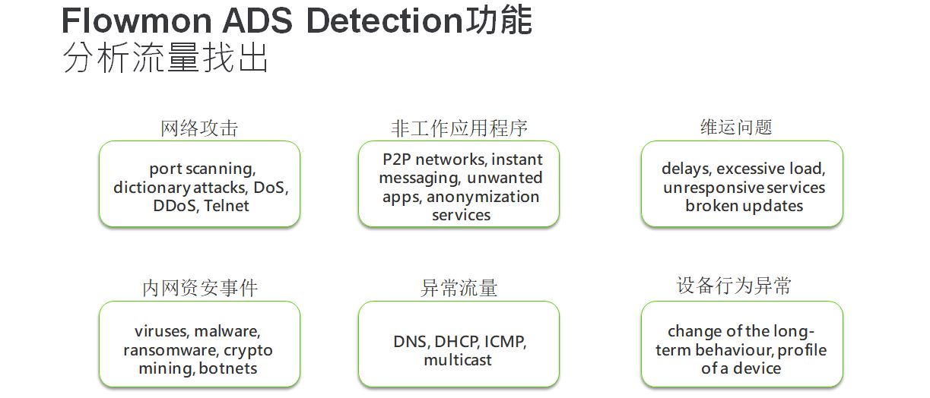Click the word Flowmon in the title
tap(137, 21)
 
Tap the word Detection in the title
tap(385, 21)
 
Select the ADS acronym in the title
tap(258, 21)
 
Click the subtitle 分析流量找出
tap(165, 58)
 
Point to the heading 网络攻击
tap(199, 128)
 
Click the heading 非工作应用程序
tap(459, 128)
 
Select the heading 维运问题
tap(736, 127)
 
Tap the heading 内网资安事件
tap(200, 288)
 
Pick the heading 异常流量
tap(459, 288)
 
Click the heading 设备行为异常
tap(734, 286)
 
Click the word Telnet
tap(227, 206)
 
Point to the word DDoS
tap(175, 206)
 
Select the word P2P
tap(396, 160)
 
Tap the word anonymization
tap(483, 197)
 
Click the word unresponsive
tap(713, 188)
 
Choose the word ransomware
tap(170, 350)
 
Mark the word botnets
tap(228, 368)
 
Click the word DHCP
tap(457, 342)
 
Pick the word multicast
tap(458, 360)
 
